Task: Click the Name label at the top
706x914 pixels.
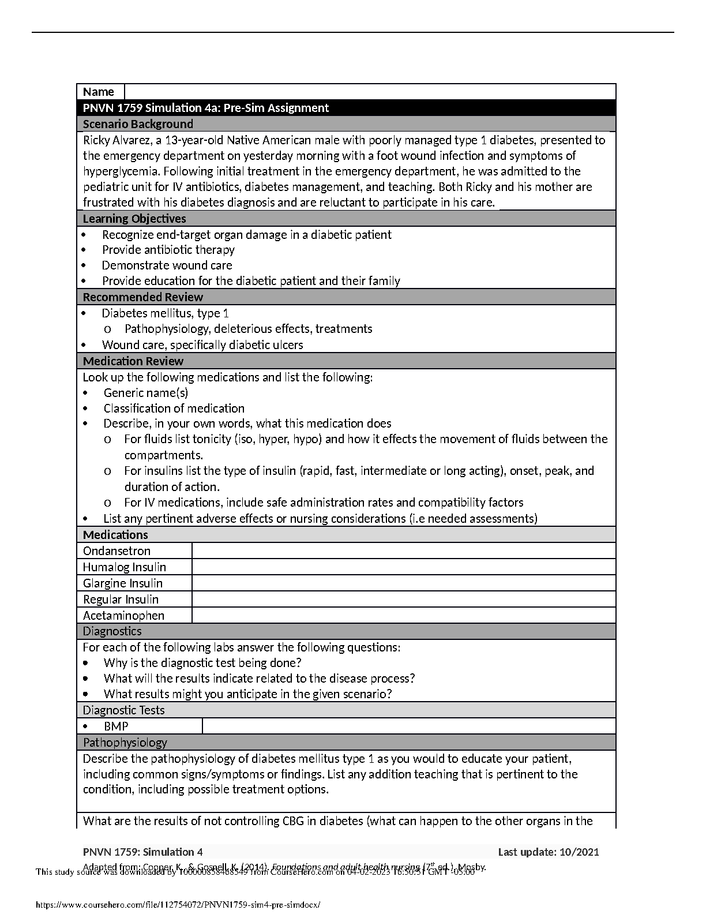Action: (x=99, y=92)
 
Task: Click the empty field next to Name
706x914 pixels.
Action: (x=369, y=92)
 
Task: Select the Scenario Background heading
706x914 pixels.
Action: (x=138, y=124)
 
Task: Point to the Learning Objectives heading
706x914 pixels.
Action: (x=134, y=219)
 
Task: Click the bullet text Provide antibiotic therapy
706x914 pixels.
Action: (x=168, y=250)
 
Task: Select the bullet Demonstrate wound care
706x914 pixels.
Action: (x=167, y=265)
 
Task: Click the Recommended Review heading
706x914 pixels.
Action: (x=142, y=297)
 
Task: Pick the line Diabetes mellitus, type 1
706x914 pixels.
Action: (x=165, y=313)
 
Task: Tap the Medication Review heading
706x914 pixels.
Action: (x=133, y=361)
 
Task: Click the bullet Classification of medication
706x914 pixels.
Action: (x=174, y=409)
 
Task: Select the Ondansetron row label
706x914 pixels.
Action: (x=117, y=551)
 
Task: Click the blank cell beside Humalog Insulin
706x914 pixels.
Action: (x=403, y=567)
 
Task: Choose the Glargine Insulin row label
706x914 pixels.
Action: (x=122, y=583)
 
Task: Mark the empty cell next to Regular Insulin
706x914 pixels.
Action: (x=403, y=600)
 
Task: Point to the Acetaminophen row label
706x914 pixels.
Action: (x=123, y=616)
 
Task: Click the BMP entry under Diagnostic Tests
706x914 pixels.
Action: (x=116, y=726)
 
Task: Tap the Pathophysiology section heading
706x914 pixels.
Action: (x=125, y=743)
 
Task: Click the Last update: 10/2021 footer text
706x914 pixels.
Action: (x=548, y=852)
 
